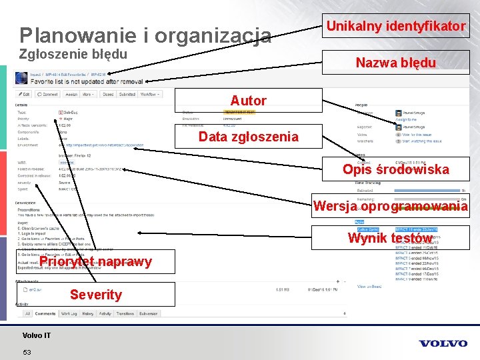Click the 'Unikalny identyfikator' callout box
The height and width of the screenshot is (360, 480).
pyautogui.click(x=396, y=26)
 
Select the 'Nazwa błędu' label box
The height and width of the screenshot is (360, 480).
pyautogui.click(x=396, y=63)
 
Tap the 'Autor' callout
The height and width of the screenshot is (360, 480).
pyautogui.click(x=249, y=101)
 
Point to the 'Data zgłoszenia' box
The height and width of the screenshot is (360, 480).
pyautogui.click(x=249, y=137)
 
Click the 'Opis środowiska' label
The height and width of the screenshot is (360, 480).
pyautogui.click(x=396, y=169)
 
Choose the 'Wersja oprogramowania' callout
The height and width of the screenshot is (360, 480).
pyautogui.click(x=391, y=207)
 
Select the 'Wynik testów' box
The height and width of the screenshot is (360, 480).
pyautogui.click(x=391, y=238)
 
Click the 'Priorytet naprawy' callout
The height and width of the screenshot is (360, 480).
pyautogui.click(x=95, y=261)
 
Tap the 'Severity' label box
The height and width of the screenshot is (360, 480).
pyautogui.click(x=95, y=294)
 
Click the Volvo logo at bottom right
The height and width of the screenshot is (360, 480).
pyautogui.click(x=443, y=343)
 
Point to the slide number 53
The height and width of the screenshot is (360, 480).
pyautogui.click(x=27, y=352)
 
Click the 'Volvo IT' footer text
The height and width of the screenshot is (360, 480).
pyautogui.click(x=36, y=335)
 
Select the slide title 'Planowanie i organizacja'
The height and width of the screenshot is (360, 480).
pyautogui.click(x=145, y=35)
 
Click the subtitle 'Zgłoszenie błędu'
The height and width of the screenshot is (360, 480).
pyautogui.click(x=73, y=54)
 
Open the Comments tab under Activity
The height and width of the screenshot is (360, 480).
pyautogui.click(x=45, y=313)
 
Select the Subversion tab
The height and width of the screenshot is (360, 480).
pyautogui.click(x=148, y=313)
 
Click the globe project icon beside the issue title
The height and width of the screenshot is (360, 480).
pyautogui.click(x=23, y=79)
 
